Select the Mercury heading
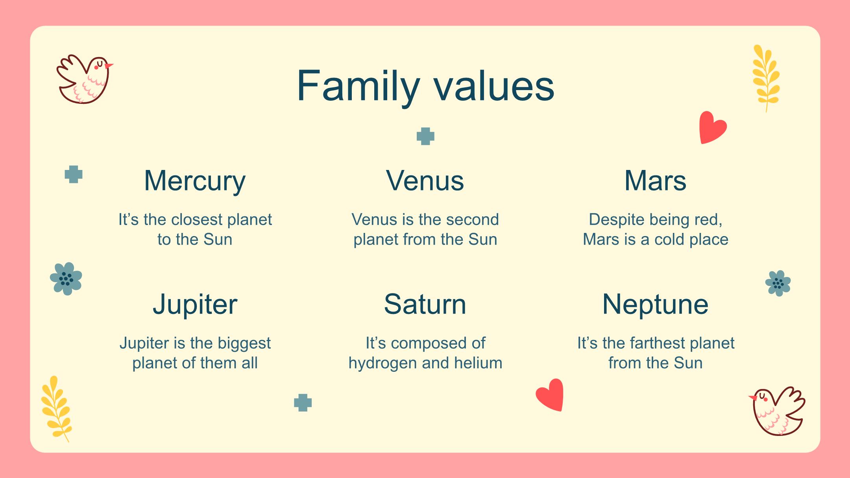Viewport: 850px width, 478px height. point(195,181)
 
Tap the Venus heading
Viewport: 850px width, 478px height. point(425,181)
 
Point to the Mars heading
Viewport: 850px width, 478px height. point(655,181)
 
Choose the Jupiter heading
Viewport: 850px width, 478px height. point(195,305)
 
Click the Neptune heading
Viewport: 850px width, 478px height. point(655,305)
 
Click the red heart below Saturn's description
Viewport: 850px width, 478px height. point(551,395)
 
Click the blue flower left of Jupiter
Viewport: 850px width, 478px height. point(66,279)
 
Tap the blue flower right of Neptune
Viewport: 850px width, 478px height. point(778,283)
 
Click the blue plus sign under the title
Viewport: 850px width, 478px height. point(425,136)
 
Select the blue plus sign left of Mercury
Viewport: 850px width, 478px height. point(74,174)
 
